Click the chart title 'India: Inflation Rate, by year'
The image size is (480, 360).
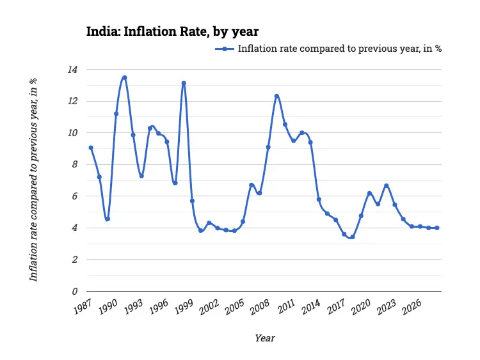172,31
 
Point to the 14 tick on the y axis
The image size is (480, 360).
74,69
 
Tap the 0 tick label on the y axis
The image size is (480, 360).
75,292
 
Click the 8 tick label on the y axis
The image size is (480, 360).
75,164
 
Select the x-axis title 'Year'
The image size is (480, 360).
265,338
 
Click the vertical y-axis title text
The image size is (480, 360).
33,180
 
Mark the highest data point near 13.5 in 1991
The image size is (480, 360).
124,77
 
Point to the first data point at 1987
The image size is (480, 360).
91,148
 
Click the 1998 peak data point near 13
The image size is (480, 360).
184,83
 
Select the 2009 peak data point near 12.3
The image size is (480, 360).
276,96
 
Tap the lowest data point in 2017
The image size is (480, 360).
352,237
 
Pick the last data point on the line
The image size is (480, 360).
436,228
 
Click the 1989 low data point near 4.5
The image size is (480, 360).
108,219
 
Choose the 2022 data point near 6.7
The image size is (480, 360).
386,185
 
